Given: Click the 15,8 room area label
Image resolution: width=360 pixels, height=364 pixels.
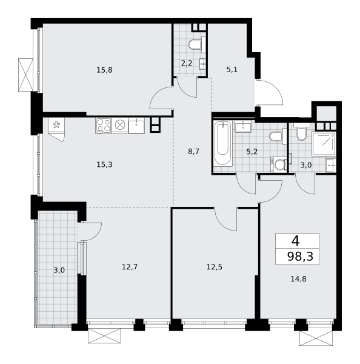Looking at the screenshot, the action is click(x=104, y=70).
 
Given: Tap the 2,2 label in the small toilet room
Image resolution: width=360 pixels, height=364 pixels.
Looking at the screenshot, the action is click(x=187, y=63).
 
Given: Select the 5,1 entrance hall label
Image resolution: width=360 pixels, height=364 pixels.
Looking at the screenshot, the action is click(x=232, y=70).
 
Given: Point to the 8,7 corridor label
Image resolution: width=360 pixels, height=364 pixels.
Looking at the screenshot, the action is click(x=193, y=152).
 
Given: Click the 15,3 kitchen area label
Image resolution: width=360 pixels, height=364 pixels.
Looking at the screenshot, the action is click(x=104, y=164).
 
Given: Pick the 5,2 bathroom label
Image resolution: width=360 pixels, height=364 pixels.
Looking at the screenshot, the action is click(x=252, y=152).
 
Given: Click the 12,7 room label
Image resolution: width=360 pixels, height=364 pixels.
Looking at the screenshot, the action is click(x=130, y=267).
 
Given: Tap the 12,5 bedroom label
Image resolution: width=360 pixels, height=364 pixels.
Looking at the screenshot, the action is click(x=215, y=267).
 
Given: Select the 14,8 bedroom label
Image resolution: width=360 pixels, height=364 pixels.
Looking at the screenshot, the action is click(x=299, y=279).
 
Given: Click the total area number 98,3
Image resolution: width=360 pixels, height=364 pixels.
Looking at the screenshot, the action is click(x=301, y=257).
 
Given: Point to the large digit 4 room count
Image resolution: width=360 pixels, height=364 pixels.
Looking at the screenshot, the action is click(x=296, y=241).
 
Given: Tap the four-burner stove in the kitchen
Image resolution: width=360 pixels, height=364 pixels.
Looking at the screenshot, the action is click(x=104, y=126).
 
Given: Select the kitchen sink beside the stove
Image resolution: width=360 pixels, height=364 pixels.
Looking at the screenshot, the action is click(x=136, y=126).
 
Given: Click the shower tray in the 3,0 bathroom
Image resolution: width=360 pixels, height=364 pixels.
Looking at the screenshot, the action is click(x=324, y=143).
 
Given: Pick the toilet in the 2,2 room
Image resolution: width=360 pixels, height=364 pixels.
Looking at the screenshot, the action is click(x=195, y=44).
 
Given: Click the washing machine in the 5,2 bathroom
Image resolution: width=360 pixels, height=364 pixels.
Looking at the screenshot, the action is click(x=279, y=164).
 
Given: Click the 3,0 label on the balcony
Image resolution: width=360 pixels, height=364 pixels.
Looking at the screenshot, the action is click(x=59, y=270).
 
